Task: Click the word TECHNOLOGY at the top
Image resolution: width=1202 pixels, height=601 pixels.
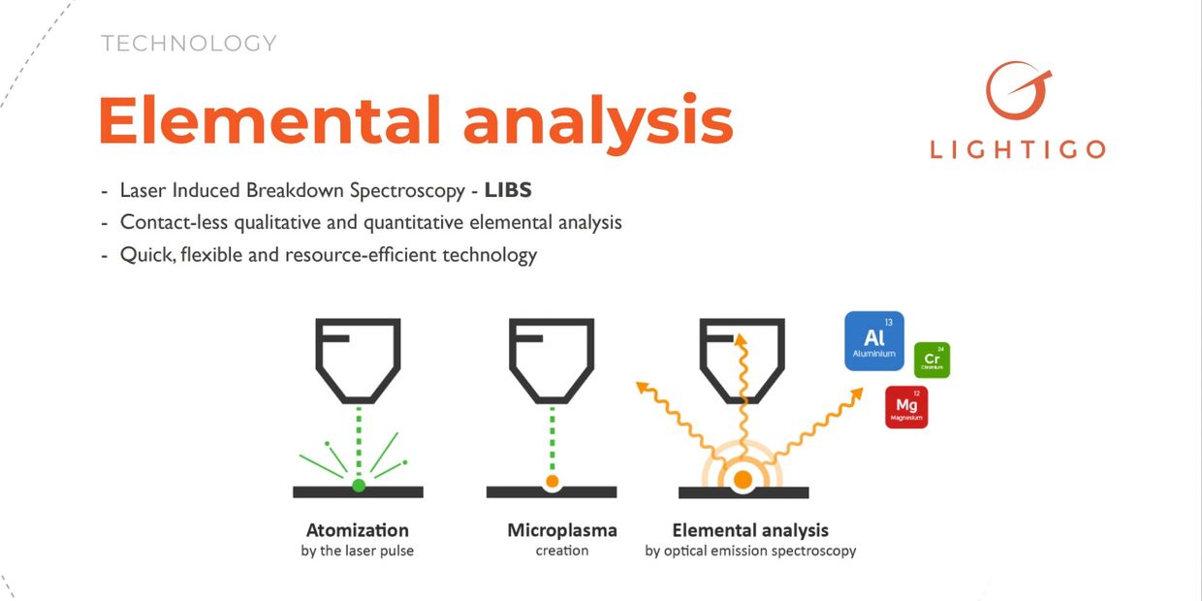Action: pos(189,44)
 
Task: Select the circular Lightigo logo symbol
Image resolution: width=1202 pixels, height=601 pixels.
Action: pos(1017,90)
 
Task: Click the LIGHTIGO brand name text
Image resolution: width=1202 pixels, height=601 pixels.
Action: pos(1017,149)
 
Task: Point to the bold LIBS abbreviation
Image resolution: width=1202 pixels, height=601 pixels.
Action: pos(508,190)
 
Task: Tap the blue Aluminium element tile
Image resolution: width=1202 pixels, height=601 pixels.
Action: pos(874,340)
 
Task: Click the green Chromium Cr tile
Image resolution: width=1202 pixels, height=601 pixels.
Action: pos(933,360)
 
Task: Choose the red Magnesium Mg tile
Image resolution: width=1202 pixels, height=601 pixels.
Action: pos(906,407)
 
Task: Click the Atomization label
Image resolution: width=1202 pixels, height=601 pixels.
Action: pos(358,530)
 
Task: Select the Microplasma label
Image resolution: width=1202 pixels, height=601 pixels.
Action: pos(562,530)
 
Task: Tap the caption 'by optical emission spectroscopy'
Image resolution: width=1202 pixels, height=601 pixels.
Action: pos(750,551)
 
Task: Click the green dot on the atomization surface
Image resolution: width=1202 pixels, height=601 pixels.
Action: pos(359,485)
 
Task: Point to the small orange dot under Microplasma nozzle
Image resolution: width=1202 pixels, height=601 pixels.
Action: pos(552,481)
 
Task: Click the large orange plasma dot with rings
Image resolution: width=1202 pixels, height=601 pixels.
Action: pos(743,479)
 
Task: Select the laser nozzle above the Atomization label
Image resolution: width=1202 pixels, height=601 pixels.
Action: pos(358,359)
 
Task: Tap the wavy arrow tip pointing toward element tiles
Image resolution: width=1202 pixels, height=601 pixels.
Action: pos(859,391)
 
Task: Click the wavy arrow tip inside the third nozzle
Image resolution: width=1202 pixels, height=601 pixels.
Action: pos(742,338)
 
